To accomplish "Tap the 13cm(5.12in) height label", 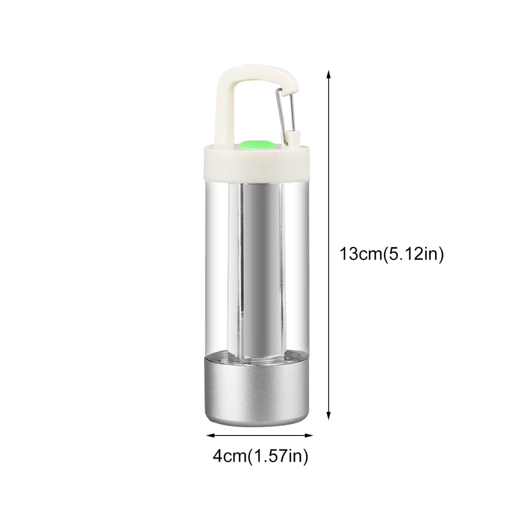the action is coord(391,254).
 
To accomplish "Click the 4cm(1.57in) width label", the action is coord(261,457).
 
